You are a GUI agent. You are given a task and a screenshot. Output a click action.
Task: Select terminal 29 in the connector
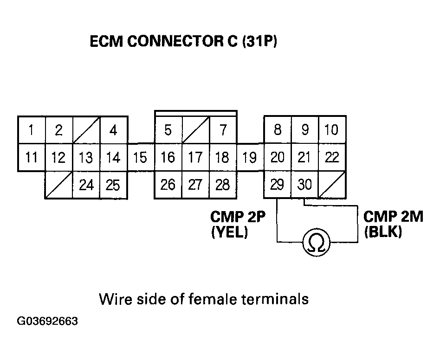pos(277,185)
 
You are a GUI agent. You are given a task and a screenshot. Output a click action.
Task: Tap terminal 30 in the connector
pos(304,185)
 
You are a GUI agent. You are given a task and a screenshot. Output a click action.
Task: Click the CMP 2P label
pos(238,217)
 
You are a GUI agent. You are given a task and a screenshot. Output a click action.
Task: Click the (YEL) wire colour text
pos(230,232)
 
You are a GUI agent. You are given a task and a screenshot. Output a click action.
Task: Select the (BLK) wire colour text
pos(383,232)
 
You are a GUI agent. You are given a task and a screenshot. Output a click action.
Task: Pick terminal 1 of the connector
pos(31,130)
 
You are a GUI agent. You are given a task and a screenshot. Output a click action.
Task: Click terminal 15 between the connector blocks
pos(140,158)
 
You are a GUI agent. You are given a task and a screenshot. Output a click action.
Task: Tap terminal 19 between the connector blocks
pos(250,158)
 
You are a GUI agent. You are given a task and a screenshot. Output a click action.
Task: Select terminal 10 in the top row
pos(332,130)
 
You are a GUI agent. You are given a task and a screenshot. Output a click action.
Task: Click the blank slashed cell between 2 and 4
pos(86,130)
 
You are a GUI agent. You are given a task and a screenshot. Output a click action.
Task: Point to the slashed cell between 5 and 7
pos(195,130)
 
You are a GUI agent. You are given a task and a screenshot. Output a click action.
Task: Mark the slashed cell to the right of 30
pos(332,185)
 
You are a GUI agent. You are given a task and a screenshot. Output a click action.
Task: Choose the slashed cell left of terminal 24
pos(58,185)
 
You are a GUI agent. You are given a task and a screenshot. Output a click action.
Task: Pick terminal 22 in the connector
pos(332,158)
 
